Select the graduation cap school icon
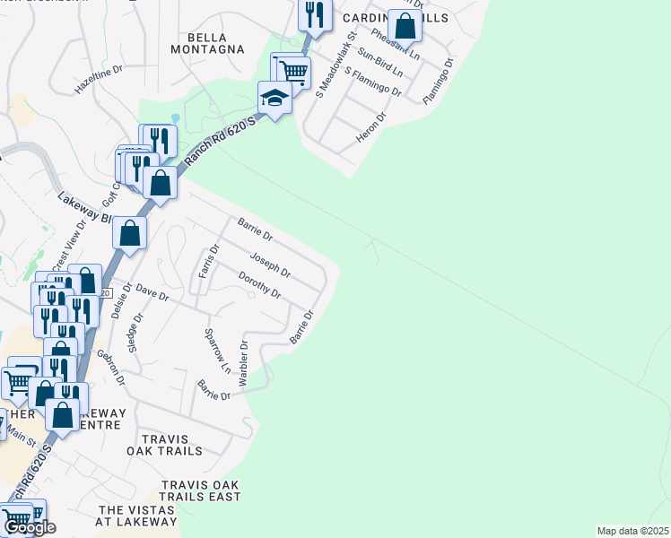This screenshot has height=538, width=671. (x=274, y=99)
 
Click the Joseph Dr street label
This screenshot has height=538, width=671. (x=270, y=265)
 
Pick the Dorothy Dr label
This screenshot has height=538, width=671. (x=260, y=286)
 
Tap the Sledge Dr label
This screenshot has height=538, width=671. (x=135, y=331)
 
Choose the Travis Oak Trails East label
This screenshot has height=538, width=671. (x=201, y=490)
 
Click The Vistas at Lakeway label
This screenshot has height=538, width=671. (x=138, y=516)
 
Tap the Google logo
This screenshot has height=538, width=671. (x=30, y=527)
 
